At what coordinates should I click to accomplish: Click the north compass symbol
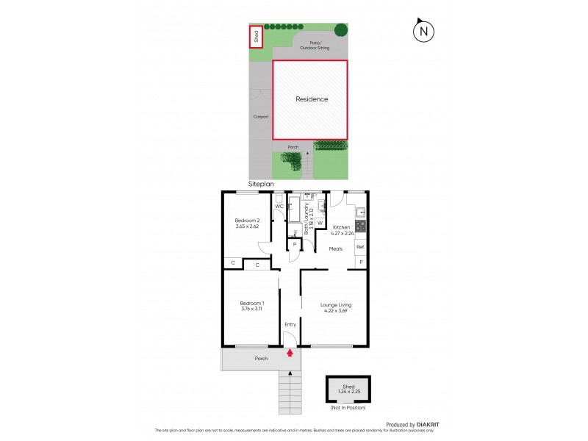tap(423, 31)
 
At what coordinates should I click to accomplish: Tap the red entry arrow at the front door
tap(290, 352)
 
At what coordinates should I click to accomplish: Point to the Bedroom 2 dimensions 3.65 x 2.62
tap(246, 226)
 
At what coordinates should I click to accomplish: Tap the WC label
tap(279, 207)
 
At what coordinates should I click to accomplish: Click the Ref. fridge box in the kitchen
tap(360, 247)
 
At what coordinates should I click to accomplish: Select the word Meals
tap(336, 248)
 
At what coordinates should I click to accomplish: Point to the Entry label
tap(290, 324)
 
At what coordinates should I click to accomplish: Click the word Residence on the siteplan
tap(312, 99)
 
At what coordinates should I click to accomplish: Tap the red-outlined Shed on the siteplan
tap(256, 37)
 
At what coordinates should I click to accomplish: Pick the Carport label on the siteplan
tap(261, 117)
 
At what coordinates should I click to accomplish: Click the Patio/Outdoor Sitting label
tap(315, 46)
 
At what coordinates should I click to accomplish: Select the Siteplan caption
tap(260, 186)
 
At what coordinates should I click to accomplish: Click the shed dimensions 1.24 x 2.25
tap(348, 390)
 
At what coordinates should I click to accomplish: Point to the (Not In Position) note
tap(348, 407)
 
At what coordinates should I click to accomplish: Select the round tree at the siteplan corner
tap(341, 30)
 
